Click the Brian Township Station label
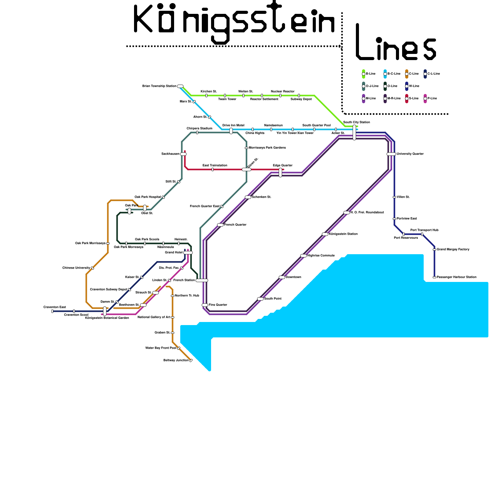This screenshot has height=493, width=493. [159, 86]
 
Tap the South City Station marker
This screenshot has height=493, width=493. [354, 132]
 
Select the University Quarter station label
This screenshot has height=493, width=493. [410, 154]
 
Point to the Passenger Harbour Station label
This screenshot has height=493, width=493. [456, 277]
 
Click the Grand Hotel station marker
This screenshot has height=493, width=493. [188, 253]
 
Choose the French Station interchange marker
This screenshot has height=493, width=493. [202, 280]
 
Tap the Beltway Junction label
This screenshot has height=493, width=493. [176, 361]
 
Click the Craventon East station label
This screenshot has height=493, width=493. [55, 307]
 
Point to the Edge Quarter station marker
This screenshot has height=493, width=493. [280, 173]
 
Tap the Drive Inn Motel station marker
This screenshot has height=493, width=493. [231, 131]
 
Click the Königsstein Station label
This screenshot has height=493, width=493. [343, 234]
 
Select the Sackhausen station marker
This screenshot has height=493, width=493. [183, 154]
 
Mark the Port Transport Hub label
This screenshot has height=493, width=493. [424, 230]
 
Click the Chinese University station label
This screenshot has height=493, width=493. [76, 268]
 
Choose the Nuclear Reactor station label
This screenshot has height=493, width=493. [283, 92]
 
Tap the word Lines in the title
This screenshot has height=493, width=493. [396, 43]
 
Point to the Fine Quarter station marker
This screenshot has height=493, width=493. [205, 305]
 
